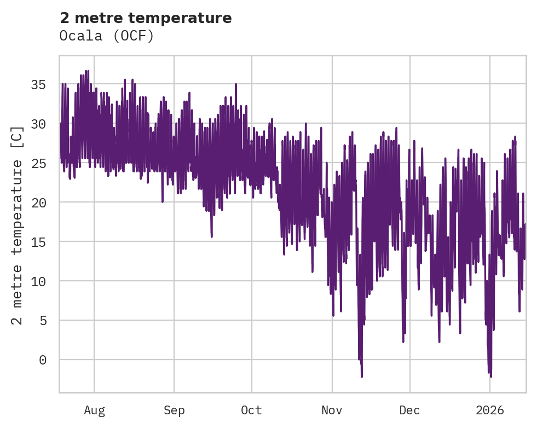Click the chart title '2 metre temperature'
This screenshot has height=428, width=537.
coord(146,18)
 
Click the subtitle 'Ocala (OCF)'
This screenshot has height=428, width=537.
coord(107,36)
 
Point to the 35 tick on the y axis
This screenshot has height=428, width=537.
coord(39,84)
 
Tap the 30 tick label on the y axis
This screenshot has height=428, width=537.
coord(39,124)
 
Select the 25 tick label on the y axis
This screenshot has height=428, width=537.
coord(39,163)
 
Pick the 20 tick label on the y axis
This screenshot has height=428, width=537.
coord(39,203)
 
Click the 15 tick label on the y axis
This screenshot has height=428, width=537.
coord(39,241)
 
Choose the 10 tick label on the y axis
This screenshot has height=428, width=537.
coord(39,281)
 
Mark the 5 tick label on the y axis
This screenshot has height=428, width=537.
coord(43,320)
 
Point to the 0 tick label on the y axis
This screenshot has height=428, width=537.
coord(43,360)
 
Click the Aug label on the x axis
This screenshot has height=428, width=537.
coord(94,410)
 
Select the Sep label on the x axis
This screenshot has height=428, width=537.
coord(174,410)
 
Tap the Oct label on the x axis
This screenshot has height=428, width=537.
coord(252,410)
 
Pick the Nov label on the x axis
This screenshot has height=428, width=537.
coord(332,410)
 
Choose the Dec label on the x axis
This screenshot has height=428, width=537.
coord(409,410)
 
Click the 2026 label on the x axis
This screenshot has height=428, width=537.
coord(490,410)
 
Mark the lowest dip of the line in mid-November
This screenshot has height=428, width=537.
coord(362,377)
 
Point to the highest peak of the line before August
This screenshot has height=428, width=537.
coord(87,71)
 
